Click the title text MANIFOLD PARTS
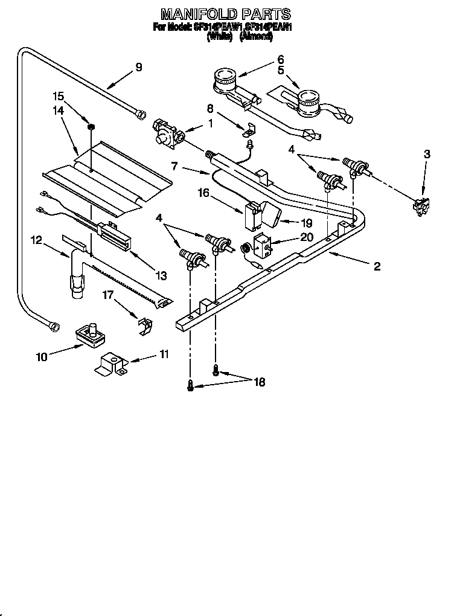[x=226, y=13]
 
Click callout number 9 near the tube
[x=139, y=67]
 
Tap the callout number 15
[x=58, y=96]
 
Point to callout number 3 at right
[x=427, y=154]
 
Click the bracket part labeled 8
[x=249, y=129]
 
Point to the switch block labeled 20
[x=263, y=244]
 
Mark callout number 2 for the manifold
[x=377, y=266]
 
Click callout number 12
[x=37, y=240]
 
